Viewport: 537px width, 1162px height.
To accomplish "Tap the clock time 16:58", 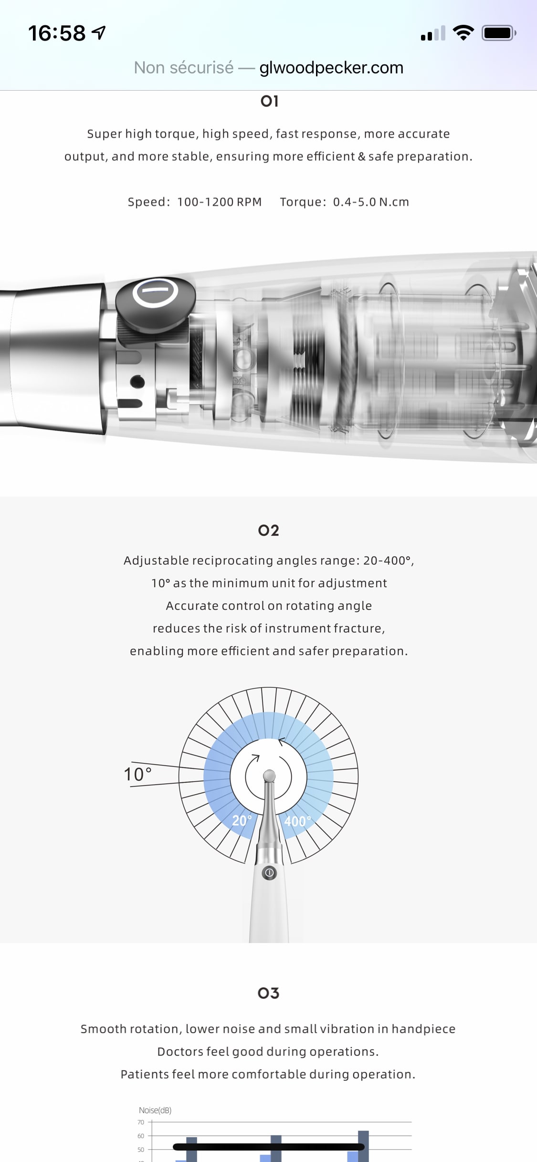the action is click(x=57, y=33).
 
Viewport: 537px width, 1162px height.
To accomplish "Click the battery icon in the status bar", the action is click(x=499, y=33).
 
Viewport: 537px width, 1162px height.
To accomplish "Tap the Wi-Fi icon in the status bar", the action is click(x=463, y=33).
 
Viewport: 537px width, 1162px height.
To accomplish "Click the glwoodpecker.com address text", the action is click(x=331, y=68).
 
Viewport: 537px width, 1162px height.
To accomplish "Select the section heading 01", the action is click(x=269, y=101).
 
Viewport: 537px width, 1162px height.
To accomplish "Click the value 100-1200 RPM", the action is click(x=220, y=202).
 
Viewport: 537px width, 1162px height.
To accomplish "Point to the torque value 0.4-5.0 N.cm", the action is click(x=371, y=202).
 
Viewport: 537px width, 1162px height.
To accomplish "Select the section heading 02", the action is click(x=268, y=530).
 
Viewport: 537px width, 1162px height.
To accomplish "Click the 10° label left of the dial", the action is click(x=137, y=774).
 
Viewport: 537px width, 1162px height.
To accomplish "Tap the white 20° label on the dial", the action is click(x=242, y=820).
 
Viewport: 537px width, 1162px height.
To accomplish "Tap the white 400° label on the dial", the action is click(x=297, y=821).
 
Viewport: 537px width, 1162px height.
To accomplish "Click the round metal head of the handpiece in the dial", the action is click(x=269, y=775).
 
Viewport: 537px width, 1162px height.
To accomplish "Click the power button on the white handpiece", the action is click(x=269, y=873).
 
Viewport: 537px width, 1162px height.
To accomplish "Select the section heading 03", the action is click(x=268, y=993).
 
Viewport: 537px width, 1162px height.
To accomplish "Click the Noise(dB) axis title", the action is click(x=155, y=1110).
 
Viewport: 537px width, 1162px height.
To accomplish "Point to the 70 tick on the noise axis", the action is click(x=141, y=1122).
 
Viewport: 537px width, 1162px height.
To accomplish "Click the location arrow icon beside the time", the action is click(x=99, y=32).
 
